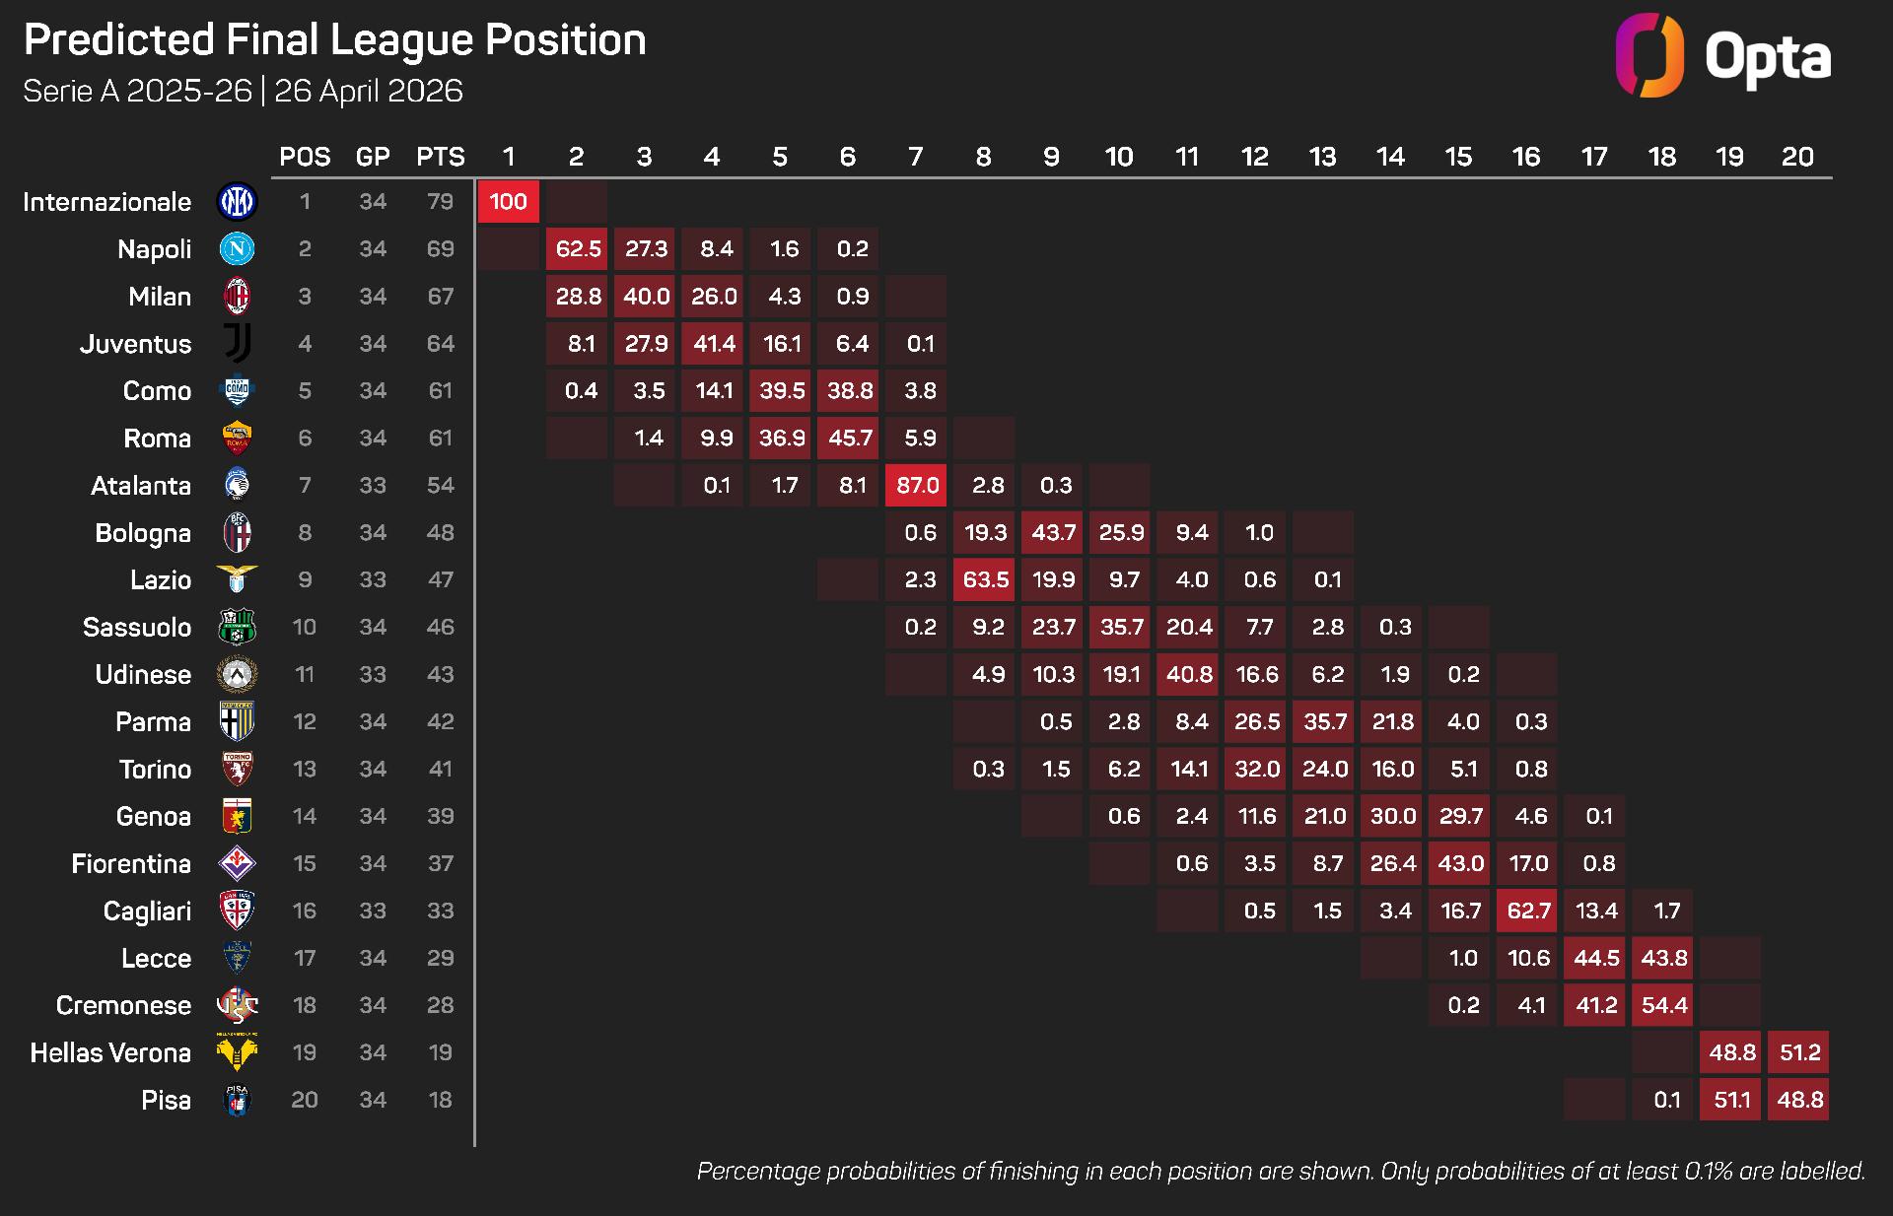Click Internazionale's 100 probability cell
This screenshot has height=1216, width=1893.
[508, 202]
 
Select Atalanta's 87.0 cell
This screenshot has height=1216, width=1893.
[916, 486]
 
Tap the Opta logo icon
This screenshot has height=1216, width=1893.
[1648, 55]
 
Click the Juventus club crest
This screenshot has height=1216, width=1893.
[237, 344]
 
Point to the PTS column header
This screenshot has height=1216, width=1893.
[440, 157]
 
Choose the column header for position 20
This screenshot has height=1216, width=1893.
[1797, 157]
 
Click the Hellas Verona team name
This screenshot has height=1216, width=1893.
[110, 1053]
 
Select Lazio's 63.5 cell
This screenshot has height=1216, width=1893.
[985, 580]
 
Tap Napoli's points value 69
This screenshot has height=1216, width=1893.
[440, 249]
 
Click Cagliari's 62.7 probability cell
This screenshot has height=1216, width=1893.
[1527, 912]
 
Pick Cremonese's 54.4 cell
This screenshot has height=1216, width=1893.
[1663, 1006]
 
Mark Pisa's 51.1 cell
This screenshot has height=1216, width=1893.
[1731, 1101]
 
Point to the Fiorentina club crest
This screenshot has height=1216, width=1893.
[237, 864]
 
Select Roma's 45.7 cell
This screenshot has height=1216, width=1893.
[849, 439]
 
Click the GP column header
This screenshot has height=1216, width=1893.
[373, 157]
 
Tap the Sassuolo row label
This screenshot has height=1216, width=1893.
[137, 628]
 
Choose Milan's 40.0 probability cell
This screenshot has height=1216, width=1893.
[645, 297]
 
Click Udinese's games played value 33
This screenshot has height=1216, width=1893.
[373, 675]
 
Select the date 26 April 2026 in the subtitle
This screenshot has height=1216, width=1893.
[369, 91]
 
